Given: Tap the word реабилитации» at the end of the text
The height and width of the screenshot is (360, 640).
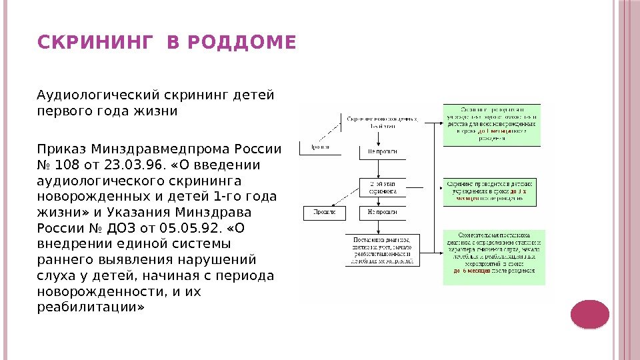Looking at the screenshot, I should pos(90,307).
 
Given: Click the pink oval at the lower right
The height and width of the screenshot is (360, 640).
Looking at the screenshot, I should pos(591,314).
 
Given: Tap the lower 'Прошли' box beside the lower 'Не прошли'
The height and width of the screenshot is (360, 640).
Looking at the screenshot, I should pos(325,213).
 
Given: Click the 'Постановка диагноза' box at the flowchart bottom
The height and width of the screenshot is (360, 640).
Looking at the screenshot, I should pos(383,250).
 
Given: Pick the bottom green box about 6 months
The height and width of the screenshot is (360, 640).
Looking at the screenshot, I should pos(494,257).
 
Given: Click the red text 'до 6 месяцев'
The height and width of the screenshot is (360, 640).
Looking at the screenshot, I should pos(472,271).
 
